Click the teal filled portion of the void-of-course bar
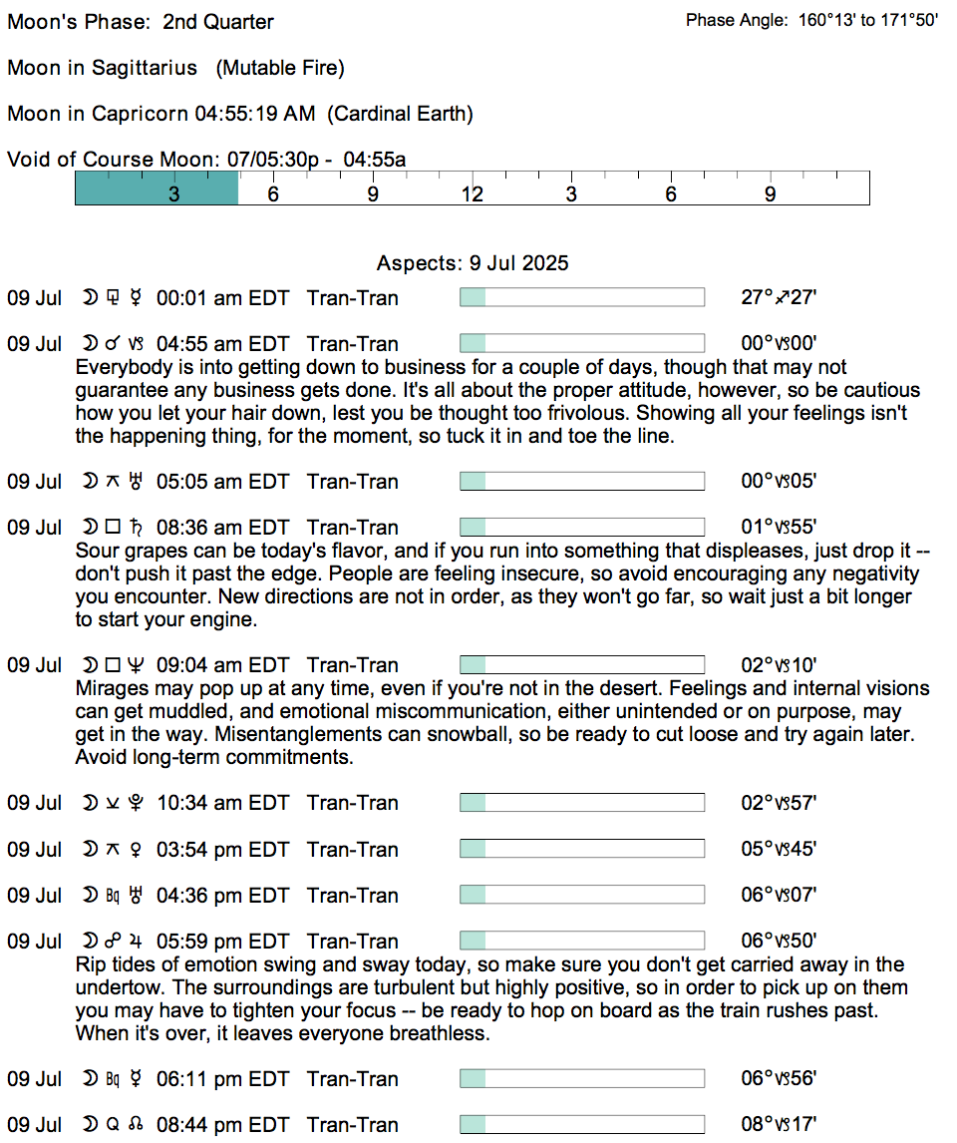tap(157, 189)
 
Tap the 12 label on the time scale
tap(472, 194)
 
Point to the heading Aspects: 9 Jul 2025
tap(473, 263)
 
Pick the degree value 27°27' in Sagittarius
tap(780, 298)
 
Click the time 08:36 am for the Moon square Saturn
tap(198, 528)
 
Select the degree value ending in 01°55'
tap(780, 528)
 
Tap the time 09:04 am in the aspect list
tap(198, 665)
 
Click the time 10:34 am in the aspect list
tap(198, 803)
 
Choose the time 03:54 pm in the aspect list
tap(198, 850)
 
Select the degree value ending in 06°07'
tap(780, 896)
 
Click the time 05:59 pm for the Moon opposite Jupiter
tap(198, 942)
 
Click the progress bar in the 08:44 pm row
tap(581, 1125)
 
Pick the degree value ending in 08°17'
tap(780, 1125)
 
